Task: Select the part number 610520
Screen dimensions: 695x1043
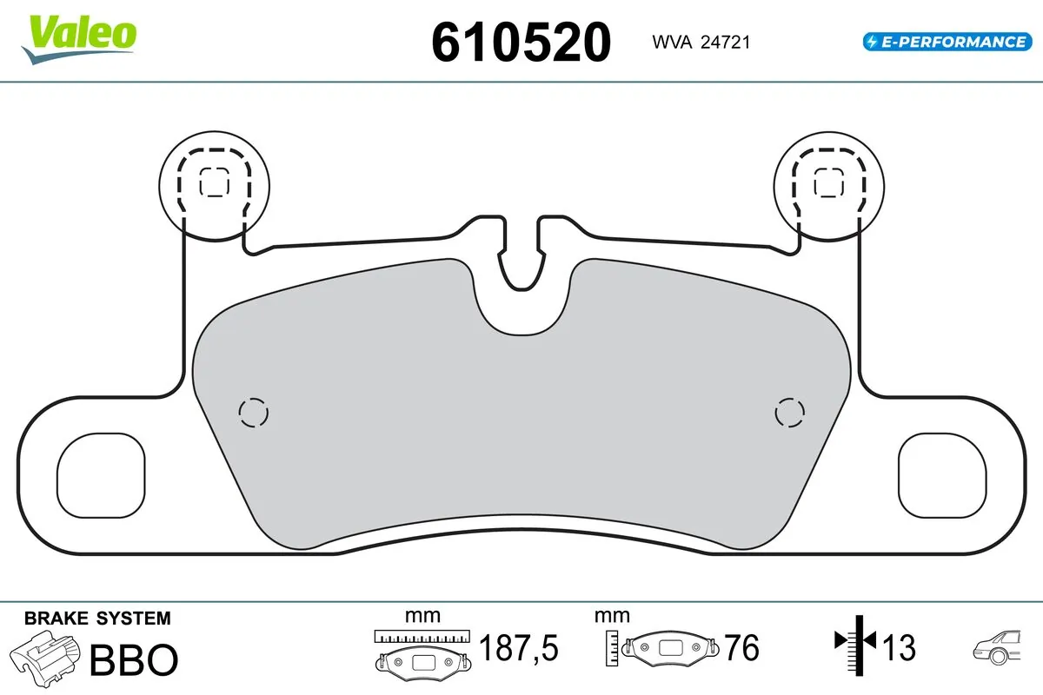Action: (521, 42)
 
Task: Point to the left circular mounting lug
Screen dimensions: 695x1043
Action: (215, 183)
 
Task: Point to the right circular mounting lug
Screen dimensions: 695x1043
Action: (828, 183)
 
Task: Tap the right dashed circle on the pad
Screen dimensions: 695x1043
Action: (789, 413)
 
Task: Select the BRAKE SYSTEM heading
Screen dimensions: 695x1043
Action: (97, 619)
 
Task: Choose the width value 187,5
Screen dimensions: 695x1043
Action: (518, 648)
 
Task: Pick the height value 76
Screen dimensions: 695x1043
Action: (741, 648)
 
